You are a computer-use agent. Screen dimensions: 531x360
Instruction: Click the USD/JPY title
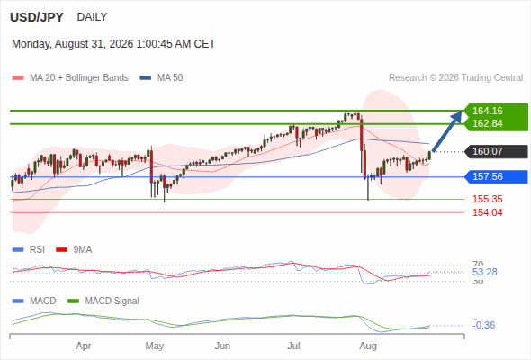pos(37,17)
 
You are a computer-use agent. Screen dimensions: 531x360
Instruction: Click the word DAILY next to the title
pos(92,17)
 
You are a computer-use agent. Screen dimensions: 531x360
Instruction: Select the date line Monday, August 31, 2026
pos(113,44)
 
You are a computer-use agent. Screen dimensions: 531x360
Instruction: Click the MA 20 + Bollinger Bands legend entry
pos(70,78)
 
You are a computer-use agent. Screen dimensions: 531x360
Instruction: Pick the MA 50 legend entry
pos(161,78)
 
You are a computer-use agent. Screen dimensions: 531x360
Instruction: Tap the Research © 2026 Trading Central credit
pos(455,78)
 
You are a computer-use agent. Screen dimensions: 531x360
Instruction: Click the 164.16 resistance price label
pos(488,111)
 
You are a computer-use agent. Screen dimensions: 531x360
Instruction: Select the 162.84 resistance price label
pos(488,123)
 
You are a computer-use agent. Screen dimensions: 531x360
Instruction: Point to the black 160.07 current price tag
pos(496,151)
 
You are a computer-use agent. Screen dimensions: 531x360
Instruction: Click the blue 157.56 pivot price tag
pos(496,176)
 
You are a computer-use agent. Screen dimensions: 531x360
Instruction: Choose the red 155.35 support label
pos(488,199)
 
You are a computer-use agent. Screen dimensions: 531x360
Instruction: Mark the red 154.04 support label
pos(488,212)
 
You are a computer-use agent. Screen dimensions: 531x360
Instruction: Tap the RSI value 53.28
pos(485,272)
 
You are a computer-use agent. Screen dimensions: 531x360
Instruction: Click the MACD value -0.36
pos(484,325)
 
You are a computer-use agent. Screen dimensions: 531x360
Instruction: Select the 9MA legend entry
pos(74,250)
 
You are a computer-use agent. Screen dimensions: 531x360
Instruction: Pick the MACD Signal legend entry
pos(103,301)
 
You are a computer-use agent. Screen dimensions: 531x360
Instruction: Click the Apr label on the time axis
pos(84,346)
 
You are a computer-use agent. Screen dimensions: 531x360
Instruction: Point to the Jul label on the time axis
pos(293,346)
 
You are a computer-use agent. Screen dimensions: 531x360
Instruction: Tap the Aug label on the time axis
pos(368,346)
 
